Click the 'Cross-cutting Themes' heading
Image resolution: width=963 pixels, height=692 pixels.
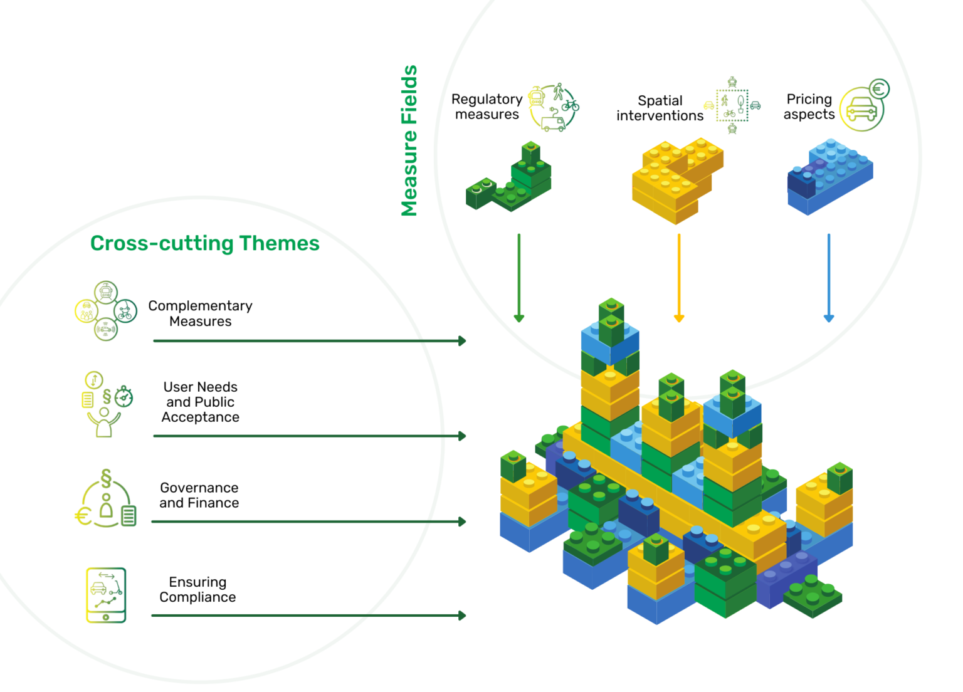click(x=204, y=243)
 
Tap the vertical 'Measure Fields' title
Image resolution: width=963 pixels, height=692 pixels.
click(x=409, y=140)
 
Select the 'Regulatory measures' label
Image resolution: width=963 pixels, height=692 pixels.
click(x=487, y=107)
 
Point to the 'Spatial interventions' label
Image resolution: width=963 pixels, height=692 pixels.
click(x=660, y=108)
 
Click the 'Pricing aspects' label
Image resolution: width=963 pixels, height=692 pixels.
click(x=809, y=107)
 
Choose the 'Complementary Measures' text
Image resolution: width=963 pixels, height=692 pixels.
click(x=200, y=313)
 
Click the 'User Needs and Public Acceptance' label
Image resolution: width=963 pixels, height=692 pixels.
click(x=200, y=402)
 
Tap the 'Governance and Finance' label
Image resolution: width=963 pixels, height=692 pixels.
click(x=199, y=495)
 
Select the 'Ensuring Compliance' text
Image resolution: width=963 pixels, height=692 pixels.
click(x=197, y=589)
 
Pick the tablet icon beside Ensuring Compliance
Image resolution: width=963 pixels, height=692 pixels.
click(x=106, y=595)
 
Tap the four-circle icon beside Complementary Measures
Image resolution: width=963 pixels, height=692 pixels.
click(x=105, y=311)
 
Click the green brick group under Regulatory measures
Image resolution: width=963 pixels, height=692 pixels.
click(x=509, y=179)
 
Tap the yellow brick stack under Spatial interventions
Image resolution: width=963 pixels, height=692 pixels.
click(x=676, y=180)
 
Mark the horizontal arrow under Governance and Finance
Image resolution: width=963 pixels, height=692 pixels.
click(x=308, y=522)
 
